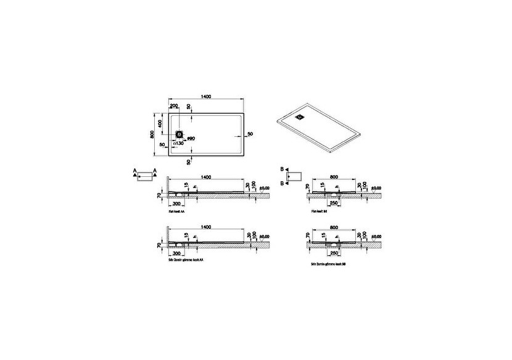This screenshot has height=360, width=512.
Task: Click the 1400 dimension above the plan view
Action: pyautogui.click(x=206, y=97)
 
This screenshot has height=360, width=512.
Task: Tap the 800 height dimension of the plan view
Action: pyautogui.click(x=152, y=134)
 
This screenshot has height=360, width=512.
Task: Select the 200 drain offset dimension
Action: pyautogui.click(x=175, y=106)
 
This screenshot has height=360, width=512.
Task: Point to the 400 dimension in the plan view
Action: pyautogui.click(x=160, y=123)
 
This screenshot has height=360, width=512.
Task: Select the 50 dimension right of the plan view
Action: pyautogui.click(x=250, y=134)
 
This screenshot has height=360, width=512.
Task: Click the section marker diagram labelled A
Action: pyautogui.click(x=145, y=176)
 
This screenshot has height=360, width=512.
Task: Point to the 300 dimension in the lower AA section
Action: pyautogui.click(x=177, y=253)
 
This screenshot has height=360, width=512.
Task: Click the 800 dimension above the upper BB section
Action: pyautogui.click(x=334, y=176)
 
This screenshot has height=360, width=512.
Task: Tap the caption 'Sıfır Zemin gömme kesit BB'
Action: pyautogui.click(x=331, y=263)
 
